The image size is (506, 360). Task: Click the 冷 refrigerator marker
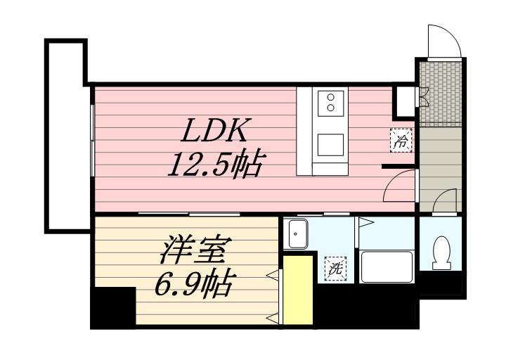pos(401,141)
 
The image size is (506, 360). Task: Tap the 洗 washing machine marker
pos(335,268)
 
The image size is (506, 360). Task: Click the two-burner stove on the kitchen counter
pos(329,103)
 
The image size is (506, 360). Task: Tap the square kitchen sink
pos(329,145)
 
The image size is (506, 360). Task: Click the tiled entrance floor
pos(440,91)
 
